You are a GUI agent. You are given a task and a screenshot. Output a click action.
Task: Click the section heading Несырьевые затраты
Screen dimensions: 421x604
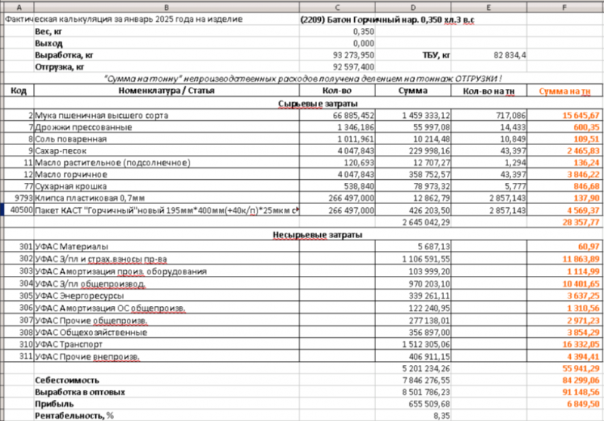pyautogui.click(x=317, y=235)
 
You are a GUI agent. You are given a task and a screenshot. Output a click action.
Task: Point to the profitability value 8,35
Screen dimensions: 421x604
pyautogui.click(x=440, y=416)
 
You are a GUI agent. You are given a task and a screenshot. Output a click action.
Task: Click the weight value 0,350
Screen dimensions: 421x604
pyautogui.click(x=363, y=32)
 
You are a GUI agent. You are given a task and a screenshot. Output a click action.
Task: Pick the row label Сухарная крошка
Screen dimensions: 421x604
pyautogui.click(x=71, y=186)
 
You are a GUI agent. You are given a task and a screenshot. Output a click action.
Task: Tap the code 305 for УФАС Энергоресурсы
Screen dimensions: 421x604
pyautogui.click(x=25, y=296)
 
